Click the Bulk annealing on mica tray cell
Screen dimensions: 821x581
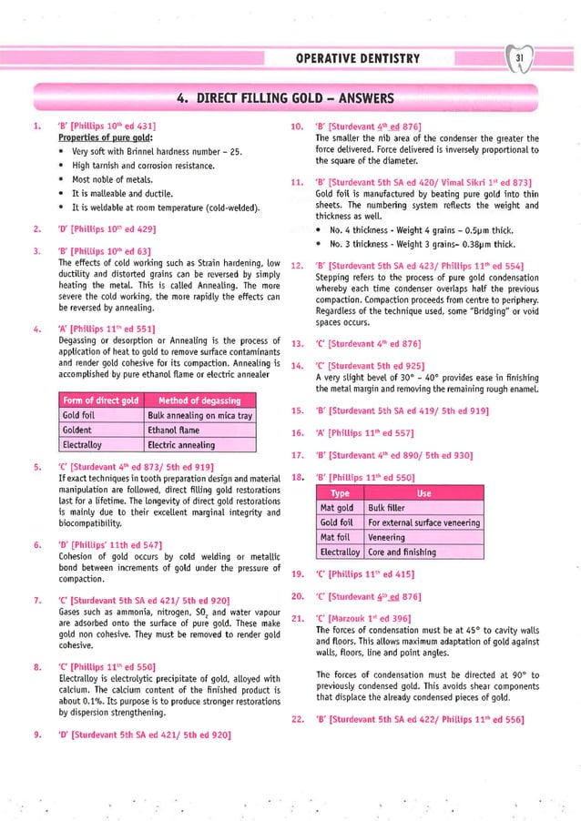[x=198, y=415]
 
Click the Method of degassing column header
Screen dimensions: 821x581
[x=198, y=400]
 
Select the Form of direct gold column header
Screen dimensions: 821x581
[x=97, y=400]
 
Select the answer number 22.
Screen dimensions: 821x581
[x=296, y=719]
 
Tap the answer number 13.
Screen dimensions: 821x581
[x=296, y=343]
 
